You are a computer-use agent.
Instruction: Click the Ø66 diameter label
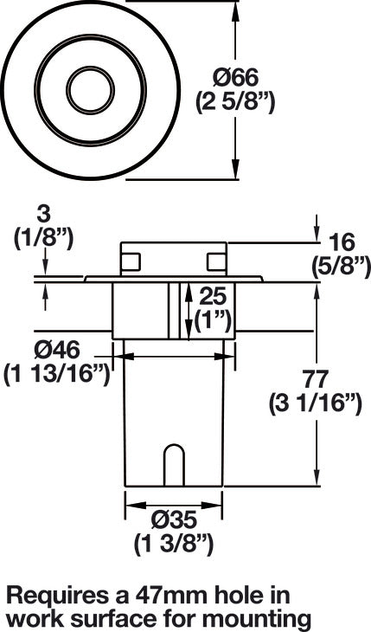235,77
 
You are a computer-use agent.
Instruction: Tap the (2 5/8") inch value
235,102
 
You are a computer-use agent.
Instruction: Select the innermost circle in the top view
91,89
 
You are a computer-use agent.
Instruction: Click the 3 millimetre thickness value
43,216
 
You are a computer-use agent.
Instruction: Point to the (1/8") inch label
43,239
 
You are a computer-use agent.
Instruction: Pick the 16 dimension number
342,243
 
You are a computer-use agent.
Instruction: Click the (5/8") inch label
342,267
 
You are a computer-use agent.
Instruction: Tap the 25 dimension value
213,297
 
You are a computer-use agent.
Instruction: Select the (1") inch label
212,321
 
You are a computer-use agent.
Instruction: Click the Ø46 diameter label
57,351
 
